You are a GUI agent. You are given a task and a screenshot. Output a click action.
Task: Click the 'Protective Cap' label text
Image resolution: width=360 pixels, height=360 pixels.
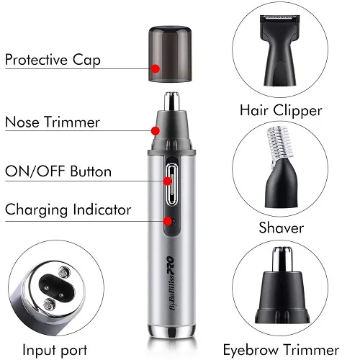tap(53, 60)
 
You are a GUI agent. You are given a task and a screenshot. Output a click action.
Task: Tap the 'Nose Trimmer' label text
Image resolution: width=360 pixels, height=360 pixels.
tap(53, 122)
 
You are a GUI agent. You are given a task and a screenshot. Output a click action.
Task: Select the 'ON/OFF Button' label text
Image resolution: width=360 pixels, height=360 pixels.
tap(58, 171)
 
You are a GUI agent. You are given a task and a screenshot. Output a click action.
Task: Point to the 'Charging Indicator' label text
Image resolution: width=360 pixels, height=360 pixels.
tap(68, 210)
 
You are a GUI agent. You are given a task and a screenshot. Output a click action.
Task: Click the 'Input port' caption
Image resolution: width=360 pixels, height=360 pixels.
tap(55, 350)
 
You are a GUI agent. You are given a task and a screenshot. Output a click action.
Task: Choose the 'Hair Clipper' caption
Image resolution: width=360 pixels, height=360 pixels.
tap(281, 111)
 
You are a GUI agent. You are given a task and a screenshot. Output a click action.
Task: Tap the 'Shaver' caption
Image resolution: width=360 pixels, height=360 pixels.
tap(282, 228)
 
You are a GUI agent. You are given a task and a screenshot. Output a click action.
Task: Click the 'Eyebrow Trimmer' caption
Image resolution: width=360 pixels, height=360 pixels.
tap(281, 350)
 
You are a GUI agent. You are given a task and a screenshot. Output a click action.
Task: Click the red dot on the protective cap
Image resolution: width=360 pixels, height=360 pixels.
tap(156, 68)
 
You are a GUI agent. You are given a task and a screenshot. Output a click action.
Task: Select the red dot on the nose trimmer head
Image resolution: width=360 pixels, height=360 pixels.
tap(156, 131)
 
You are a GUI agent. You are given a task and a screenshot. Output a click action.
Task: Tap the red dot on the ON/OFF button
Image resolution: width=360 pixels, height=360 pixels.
tap(168, 181)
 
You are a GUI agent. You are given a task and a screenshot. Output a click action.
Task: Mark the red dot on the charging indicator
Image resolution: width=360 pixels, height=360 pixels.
tap(168, 221)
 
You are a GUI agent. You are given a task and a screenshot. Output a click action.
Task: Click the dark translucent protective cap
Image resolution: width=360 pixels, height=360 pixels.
tap(170, 53)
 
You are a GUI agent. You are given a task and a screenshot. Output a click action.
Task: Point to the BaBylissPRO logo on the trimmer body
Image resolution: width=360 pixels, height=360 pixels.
tap(171, 284)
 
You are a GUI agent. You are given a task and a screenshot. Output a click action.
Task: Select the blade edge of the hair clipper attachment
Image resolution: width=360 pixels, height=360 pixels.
tap(280, 17)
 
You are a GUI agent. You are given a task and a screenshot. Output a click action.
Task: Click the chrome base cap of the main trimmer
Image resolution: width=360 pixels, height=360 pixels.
tap(171, 331)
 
